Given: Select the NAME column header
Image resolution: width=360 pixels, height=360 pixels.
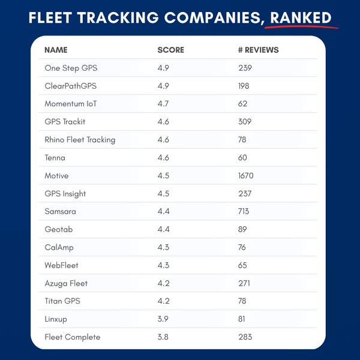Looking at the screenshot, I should point(56,50).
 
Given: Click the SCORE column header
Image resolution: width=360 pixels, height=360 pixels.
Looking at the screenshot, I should point(170,50).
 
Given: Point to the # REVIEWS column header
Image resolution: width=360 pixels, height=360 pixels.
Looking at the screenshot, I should point(258,50).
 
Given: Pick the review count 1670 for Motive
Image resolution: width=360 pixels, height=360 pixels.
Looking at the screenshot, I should point(247,176).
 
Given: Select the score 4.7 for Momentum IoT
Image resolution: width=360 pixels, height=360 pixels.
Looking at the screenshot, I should point(163,104).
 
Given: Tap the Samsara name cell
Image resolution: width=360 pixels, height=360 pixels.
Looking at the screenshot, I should point(61,212).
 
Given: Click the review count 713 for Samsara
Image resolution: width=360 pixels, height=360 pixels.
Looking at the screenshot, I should point(245,212).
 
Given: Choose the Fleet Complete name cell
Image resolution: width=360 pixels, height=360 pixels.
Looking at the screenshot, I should point(73,337).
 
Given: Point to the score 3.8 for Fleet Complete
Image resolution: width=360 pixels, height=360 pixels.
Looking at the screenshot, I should point(163,337).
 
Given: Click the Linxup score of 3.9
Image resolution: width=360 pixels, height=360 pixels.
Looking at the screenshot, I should point(163,319).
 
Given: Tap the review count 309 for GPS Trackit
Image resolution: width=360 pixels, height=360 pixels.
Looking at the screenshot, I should point(245,122).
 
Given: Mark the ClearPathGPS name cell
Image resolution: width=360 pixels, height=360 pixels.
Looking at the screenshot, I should point(70,86).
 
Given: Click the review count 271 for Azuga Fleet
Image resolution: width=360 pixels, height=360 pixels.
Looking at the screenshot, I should point(244,283).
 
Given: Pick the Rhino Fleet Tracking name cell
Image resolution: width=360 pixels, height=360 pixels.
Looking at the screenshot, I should point(80,140).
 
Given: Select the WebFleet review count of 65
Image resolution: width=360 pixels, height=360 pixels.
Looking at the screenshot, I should point(243,265).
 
